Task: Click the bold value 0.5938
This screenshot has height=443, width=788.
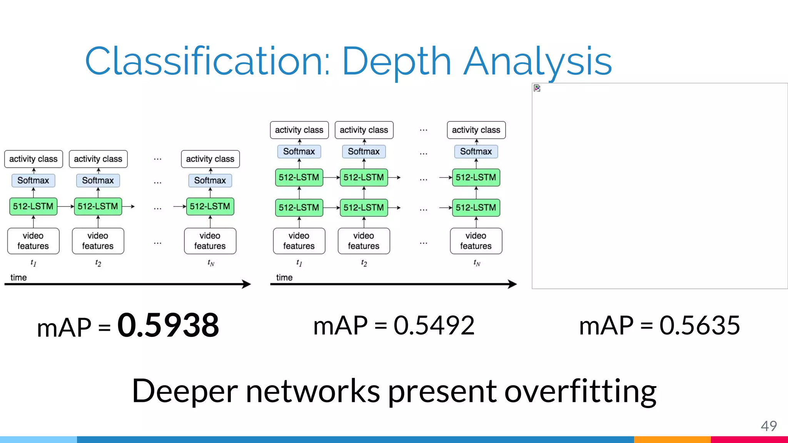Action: (168, 325)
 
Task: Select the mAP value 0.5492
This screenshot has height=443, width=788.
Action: (434, 325)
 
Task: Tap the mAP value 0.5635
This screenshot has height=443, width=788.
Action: (699, 325)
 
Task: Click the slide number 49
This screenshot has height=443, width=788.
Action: (768, 426)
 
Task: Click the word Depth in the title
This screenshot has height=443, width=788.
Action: (396, 62)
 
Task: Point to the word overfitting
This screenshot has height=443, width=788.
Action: (580, 391)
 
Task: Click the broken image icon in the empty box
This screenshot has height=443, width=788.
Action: (537, 88)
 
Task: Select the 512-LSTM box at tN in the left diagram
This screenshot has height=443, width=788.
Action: (210, 207)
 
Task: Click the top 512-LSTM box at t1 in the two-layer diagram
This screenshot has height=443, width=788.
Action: (299, 177)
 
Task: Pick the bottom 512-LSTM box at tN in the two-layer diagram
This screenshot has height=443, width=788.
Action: (476, 208)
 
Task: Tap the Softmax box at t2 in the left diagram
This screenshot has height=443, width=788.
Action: (98, 180)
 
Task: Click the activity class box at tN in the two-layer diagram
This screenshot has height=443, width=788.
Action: (476, 130)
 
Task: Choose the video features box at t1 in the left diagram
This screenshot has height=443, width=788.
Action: (33, 241)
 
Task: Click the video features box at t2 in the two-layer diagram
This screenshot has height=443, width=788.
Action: (364, 241)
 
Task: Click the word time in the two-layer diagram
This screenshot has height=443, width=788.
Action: (284, 277)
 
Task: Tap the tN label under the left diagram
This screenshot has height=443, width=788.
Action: (210, 263)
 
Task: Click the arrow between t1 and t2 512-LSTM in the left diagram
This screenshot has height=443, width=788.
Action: (66, 207)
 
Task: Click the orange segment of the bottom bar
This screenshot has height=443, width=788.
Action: (672, 440)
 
